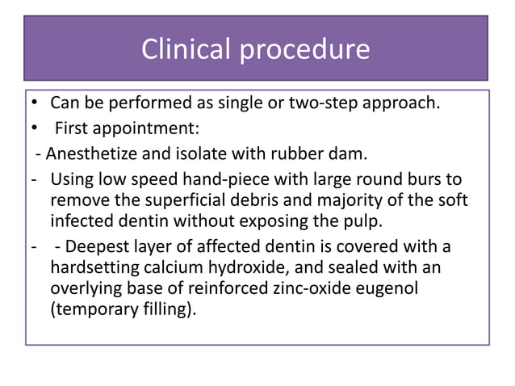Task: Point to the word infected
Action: (84, 220)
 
